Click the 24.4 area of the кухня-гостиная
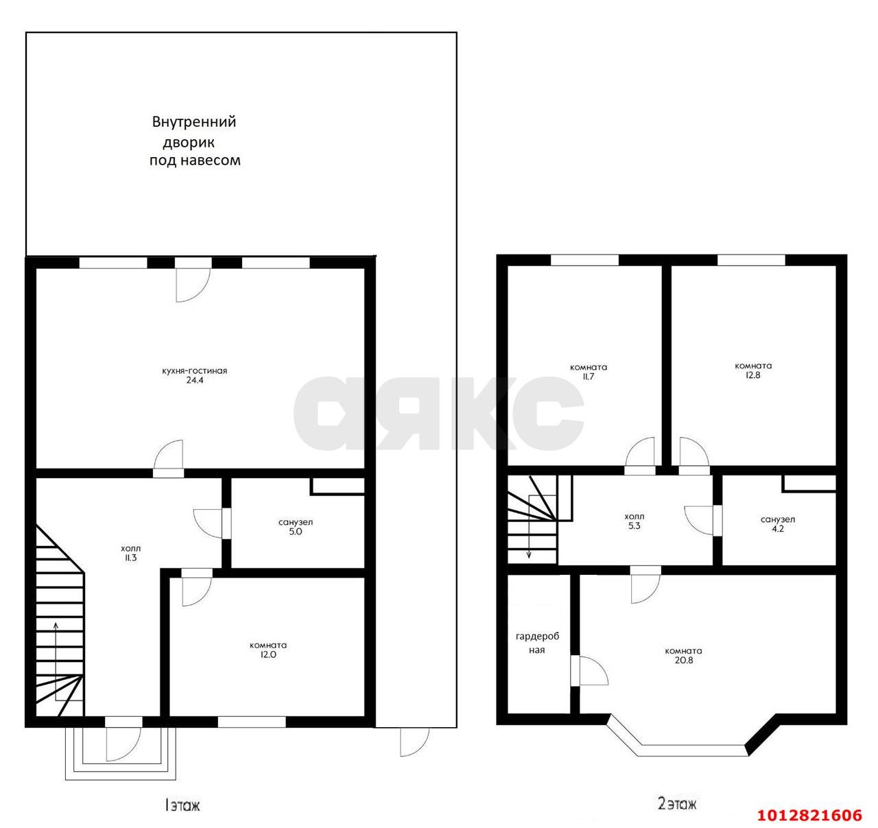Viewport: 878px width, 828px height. [x=195, y=380]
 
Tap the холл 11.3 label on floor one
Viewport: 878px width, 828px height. [x=130, y=553]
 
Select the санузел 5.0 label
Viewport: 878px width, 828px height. [x=296, y=527]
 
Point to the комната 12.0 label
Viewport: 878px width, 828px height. [x=268, y=650]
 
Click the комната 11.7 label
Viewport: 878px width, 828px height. [x=589, y=372]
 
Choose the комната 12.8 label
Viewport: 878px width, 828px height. [x=753, y=370]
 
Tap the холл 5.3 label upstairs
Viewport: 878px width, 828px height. [x=634, y=521]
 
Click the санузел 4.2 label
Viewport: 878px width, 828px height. [x=778, y=523]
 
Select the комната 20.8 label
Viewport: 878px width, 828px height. [x=683, y=656]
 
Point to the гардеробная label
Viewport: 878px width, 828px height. [x=537, y=643]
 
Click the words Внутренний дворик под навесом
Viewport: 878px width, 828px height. [x=195, y=141]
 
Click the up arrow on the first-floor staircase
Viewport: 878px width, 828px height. [x=56, y=661]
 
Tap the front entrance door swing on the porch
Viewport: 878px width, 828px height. [x=123, y=745]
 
